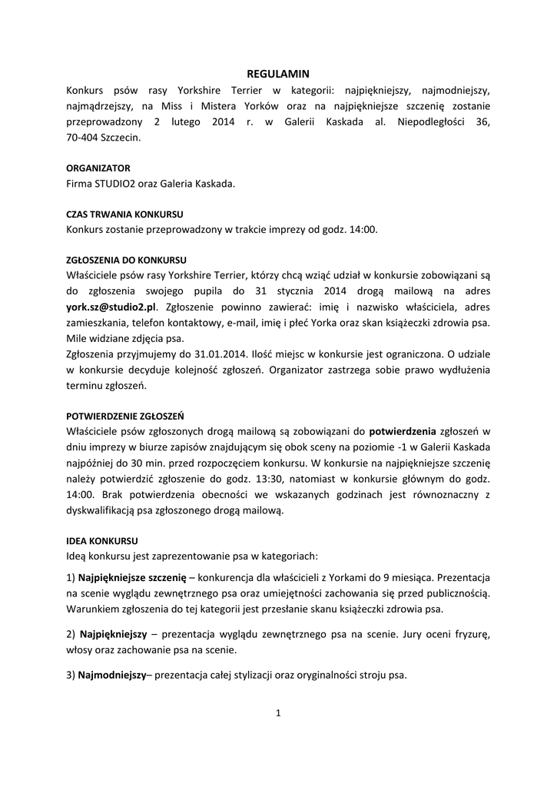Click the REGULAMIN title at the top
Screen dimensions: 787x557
(x=277, y=75)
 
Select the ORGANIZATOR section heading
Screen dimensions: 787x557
(x=98, y=168)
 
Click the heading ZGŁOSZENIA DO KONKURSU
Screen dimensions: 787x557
(x=127, y=260)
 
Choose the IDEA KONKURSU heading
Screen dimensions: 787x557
(x=102, y=540)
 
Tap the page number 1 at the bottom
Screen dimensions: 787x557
(x=278, y=713)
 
